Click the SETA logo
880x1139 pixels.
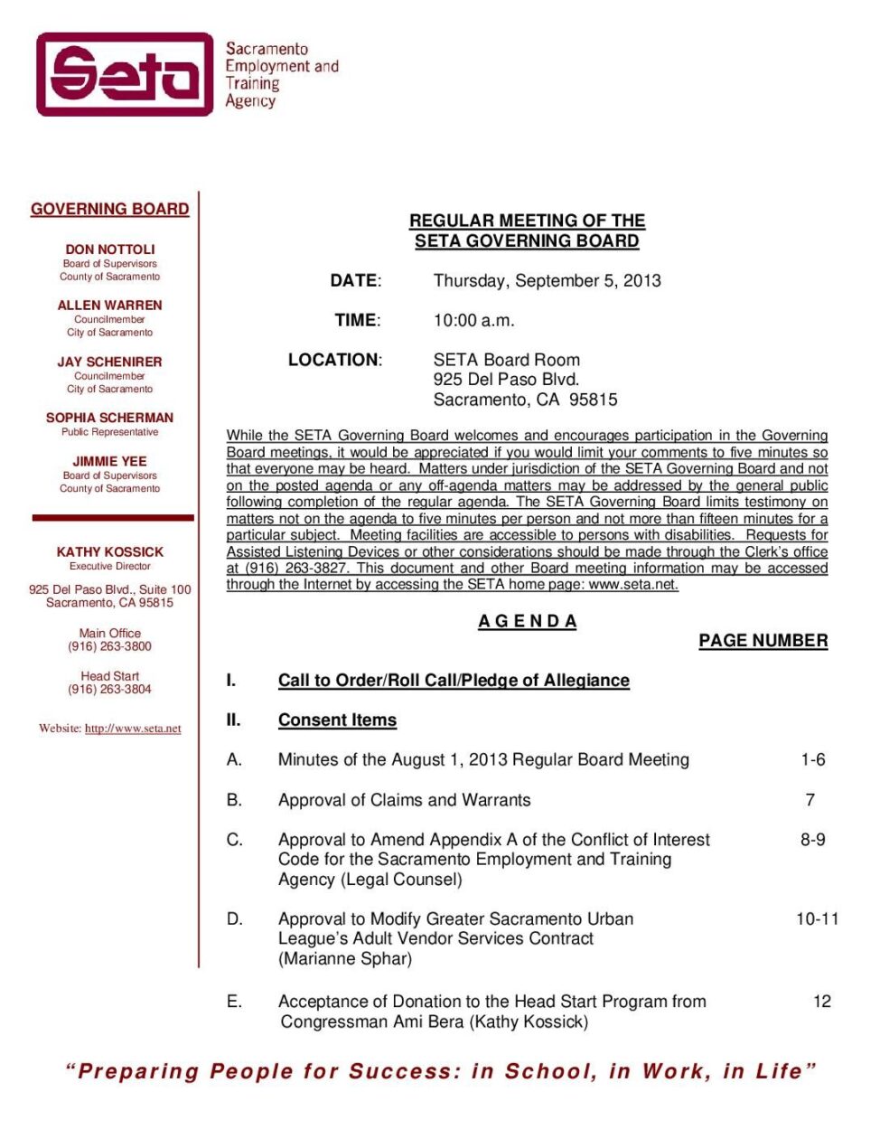(125, 74)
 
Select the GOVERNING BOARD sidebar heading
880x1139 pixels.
(110, 209)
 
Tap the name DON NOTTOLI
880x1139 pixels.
(110, 249)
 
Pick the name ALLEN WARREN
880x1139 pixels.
(110, 306)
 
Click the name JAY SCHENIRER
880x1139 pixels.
(110, 362)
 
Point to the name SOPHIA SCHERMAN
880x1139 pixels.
(110, 418)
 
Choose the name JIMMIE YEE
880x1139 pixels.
(110, 461)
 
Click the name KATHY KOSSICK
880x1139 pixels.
(110, 551)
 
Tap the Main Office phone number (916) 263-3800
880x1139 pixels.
(110, 646)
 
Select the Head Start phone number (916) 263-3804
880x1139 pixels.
(110, 689)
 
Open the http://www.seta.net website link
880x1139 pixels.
(133, 729)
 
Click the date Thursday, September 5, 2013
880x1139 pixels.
(547, 280)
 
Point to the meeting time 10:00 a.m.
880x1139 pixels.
(473, 320)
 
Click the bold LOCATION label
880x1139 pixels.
(334, 360)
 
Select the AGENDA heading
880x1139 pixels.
(527, 621)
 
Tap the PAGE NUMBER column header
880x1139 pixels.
(763, 641)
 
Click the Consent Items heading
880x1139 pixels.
(337, 720)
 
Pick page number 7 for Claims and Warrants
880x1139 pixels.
(810, 800)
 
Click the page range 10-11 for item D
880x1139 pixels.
(817, 919)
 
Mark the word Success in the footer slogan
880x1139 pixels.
(399, 1072)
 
